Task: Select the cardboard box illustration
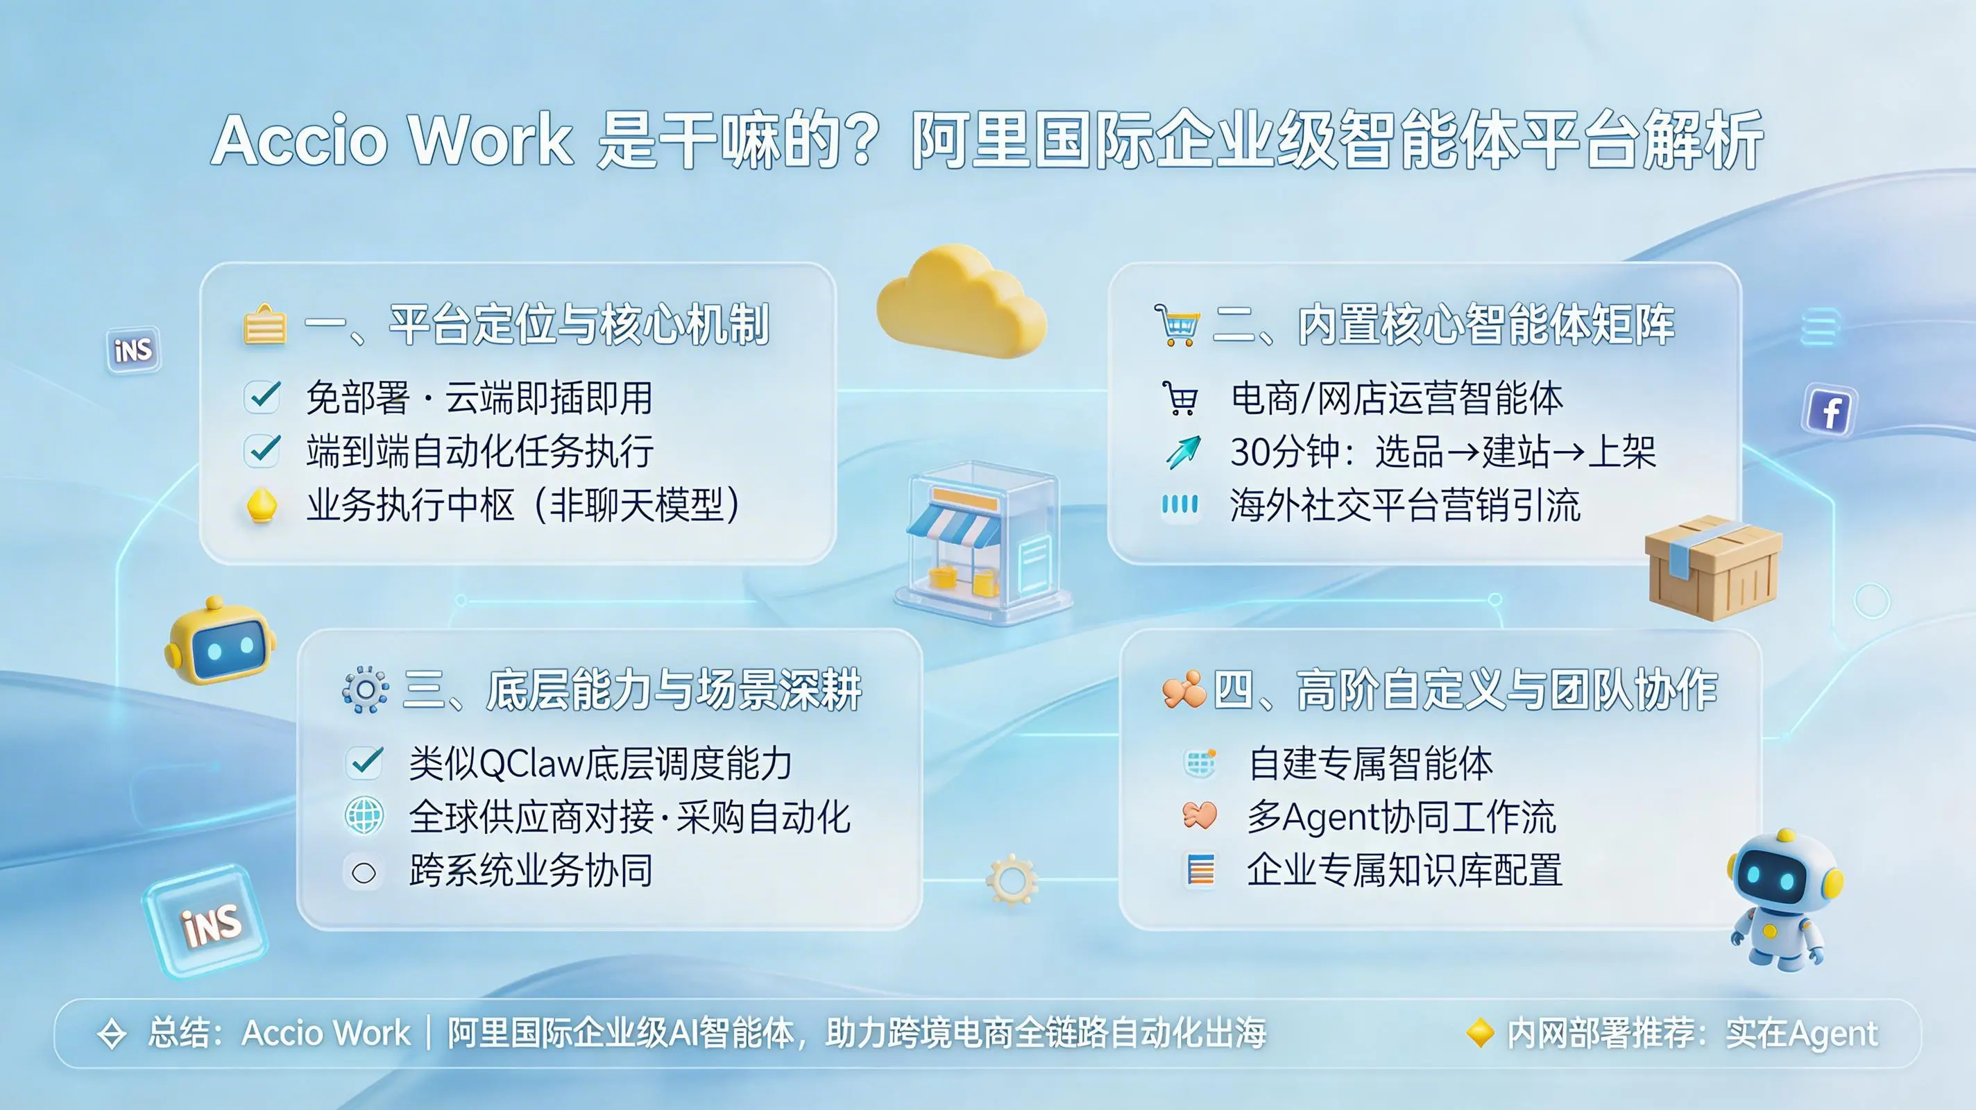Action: tap(1713, 567)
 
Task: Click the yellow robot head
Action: tap(219, 641)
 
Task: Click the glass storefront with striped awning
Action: tap(982, 541)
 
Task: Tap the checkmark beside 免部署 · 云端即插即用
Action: tap(262, 397)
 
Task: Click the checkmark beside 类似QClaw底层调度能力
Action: tap(364, 762)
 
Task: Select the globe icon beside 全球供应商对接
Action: tap(364, 815)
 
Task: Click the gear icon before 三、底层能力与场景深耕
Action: tap(365, 690)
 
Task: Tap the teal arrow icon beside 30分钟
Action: tap(1183, 451)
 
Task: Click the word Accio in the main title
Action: tap(300, 139)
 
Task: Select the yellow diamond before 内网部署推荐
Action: tap(1480, 1032)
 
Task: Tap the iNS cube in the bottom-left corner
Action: tap(205, 921)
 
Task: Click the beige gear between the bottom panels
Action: tap(1012, 880)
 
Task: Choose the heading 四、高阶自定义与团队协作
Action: tap(1465, 690)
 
